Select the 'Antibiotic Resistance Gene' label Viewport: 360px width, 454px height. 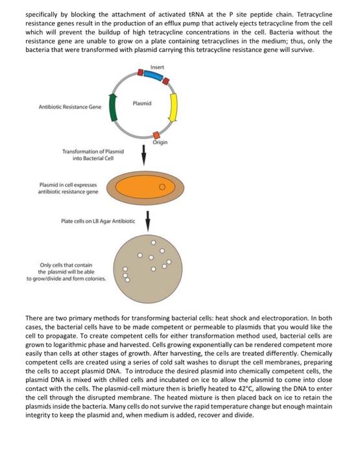click(x=65, y=107)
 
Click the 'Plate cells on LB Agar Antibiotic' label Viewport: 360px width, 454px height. click(x=99, y=221)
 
